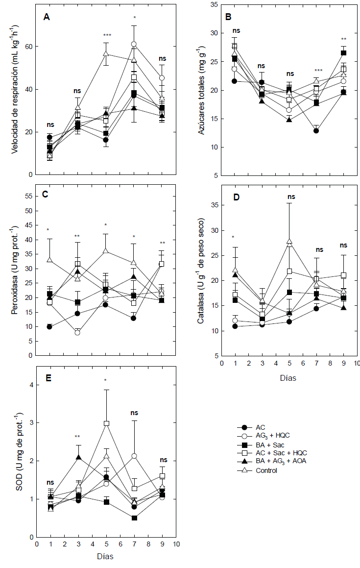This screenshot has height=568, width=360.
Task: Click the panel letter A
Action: coord(47,17)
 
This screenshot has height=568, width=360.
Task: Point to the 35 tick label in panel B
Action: coord(213,5)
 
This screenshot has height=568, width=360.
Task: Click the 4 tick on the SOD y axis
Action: coord(30,385)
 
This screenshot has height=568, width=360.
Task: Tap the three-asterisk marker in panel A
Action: coord(107,36)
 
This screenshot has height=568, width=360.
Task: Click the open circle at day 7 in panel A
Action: coord(134,44)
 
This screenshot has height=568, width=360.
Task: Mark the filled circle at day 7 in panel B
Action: coord(316,131)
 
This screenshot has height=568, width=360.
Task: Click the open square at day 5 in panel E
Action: coord(106,423)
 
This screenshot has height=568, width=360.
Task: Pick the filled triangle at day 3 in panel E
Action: coord(79,457)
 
